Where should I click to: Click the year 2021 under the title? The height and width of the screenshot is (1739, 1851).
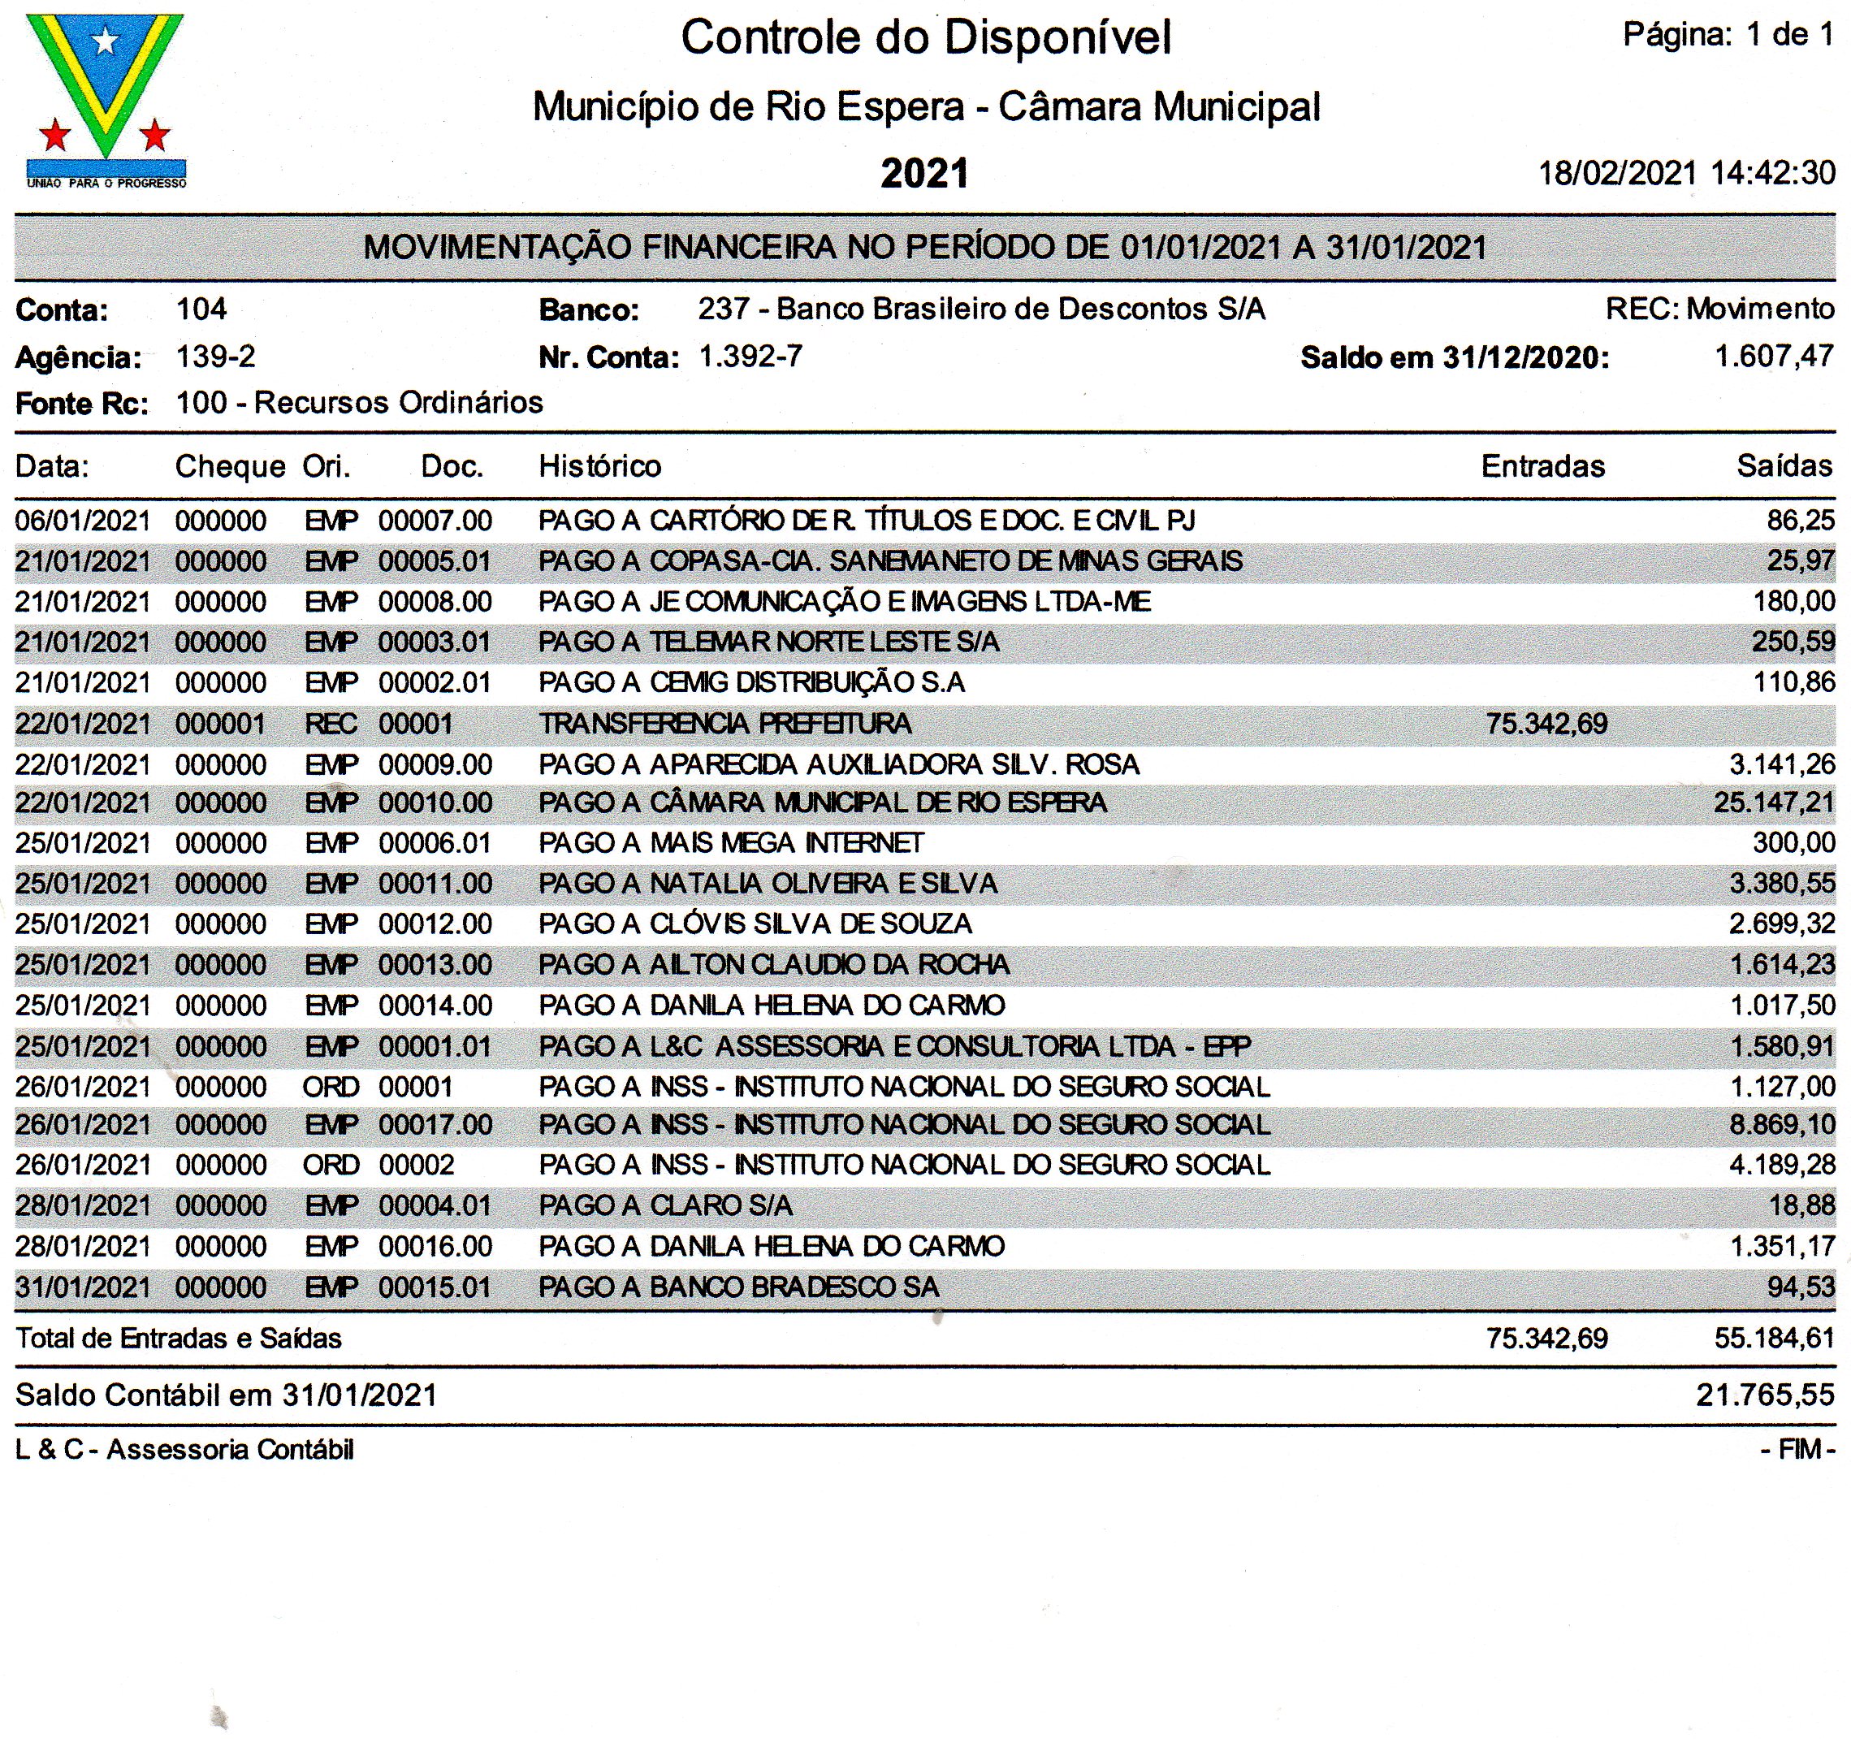click(x=924, y=174)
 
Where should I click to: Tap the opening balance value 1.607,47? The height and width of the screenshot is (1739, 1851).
click(x=1774, y=357)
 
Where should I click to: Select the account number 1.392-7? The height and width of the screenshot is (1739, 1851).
click(x=750, y=357)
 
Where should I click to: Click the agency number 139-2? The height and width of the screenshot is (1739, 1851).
click(x=215, y=357)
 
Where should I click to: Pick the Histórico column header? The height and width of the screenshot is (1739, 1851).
click(x=599, y=465)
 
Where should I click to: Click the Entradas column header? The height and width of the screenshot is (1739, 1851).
click(x=1543, y=465)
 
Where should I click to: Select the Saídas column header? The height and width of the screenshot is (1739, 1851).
click(x=1784, y=465)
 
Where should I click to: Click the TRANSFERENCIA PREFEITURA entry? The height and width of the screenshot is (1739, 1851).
click(x=725, y=724)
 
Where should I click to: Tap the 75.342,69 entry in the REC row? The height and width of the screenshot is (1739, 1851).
click(x=1546, y=724)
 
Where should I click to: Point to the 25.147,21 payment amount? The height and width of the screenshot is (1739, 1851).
click(x=1774, y=802)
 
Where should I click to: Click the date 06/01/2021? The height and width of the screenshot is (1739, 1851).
click(x=83, y=521)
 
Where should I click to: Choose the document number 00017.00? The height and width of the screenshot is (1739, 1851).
click(x=435, y=1125)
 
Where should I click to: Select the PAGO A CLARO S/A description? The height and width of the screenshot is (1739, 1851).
click(x=666, y=1205)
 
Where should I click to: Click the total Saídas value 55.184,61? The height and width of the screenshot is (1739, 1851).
click(x=1774, y=1339)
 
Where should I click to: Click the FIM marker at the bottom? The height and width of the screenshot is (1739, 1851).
click(x=1798, y=1450)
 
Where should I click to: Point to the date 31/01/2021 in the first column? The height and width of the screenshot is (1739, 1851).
click(x=83, y=1287)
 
